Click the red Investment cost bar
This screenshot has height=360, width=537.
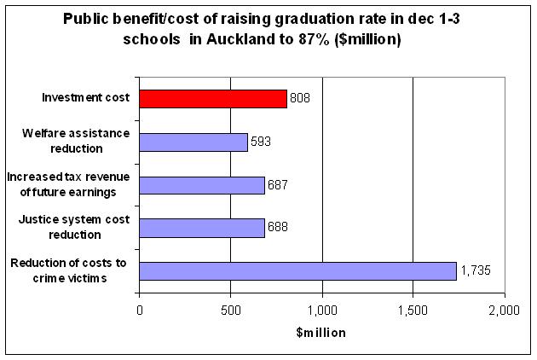(212, 98)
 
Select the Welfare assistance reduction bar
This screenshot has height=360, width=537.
(193, 142)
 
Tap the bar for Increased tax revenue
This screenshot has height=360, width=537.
(201, 185)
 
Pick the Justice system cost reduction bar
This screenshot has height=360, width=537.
(201, 228)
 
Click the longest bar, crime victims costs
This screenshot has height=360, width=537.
(297, 271)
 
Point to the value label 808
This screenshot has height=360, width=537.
(299, 98)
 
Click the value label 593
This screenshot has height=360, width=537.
(260, 142)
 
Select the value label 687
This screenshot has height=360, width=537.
(277, 185)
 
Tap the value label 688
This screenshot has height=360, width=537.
(277, 228)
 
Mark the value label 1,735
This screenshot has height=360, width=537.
(476, 271)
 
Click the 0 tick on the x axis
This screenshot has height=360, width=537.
(139, 310)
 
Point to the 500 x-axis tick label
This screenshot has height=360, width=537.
(230, 310)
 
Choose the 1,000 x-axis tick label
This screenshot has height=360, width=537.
(321, 310)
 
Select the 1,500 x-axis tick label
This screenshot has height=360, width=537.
(413, 310)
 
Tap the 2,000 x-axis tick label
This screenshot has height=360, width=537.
(503, 310)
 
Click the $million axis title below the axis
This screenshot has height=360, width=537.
(320, 332)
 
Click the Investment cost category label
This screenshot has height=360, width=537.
(86, 98)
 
